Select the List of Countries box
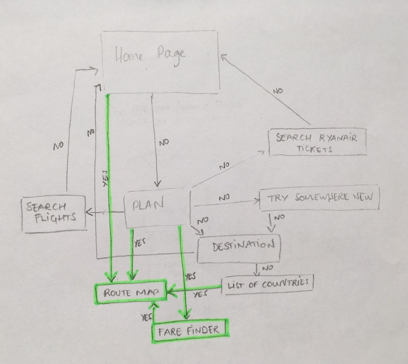269,285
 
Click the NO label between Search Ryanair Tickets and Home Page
278,91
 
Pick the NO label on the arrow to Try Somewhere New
224,197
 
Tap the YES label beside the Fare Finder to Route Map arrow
146,317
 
